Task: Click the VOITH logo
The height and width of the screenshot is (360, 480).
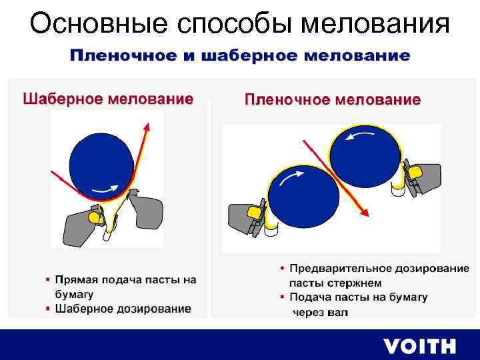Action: [419, 346]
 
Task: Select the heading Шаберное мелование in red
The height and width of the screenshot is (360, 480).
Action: [108, 99]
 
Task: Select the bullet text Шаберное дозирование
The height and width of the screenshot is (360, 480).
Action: [123, 309]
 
